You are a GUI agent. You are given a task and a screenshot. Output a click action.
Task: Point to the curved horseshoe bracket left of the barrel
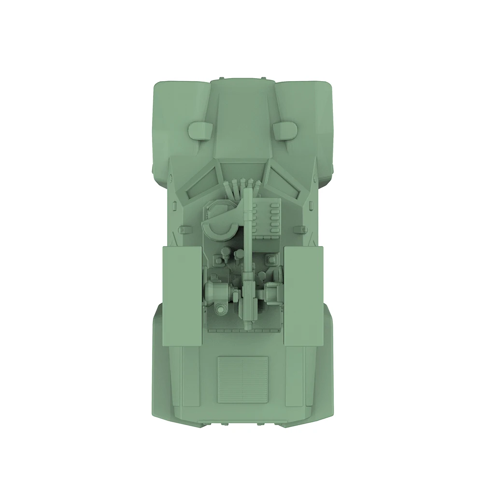pos(221,226)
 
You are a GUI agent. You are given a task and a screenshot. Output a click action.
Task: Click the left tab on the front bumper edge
pos(221,78)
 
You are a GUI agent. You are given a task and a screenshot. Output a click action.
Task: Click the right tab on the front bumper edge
pos(263,78)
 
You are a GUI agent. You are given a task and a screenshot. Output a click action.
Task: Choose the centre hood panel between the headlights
pos(242,121)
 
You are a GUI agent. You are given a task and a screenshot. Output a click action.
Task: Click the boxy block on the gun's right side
pos(273,293)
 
